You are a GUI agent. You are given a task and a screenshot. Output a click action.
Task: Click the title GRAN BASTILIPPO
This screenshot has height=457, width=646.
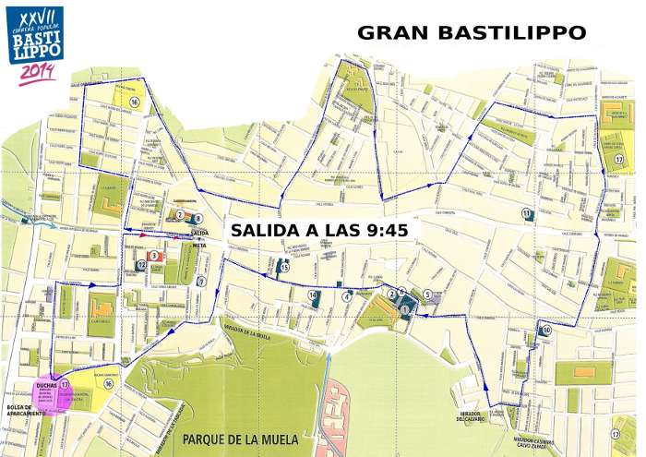(x=471, y=32)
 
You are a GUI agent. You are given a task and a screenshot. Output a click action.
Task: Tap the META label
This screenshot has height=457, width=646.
(x=197, y=246)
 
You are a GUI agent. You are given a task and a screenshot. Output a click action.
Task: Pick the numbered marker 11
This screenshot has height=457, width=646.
(x=526, y=214)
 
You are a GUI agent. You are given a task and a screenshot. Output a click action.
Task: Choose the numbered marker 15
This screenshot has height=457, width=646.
(x=285, y=269)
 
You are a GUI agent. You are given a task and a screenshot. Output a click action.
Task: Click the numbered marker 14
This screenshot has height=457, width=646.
(x=314, y=295)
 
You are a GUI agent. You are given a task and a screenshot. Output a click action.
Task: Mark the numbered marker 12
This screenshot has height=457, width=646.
(x=141, y=266)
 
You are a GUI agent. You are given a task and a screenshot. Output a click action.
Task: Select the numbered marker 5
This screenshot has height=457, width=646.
(x=427, y=295)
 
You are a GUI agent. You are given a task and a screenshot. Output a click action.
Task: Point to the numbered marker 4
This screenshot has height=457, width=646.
(x=347, y=296)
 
